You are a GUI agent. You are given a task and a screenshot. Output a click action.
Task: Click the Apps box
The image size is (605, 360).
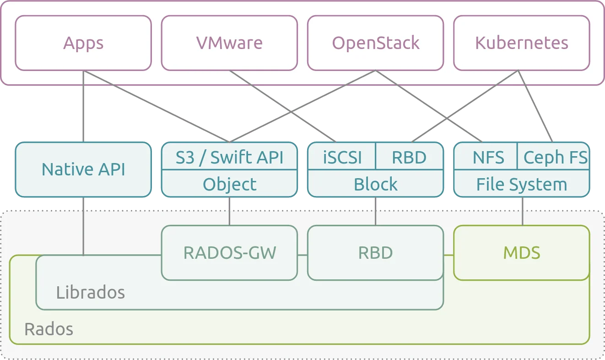tap(83, 43)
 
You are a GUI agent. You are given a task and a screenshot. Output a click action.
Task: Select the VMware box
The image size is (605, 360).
tap(229, 43)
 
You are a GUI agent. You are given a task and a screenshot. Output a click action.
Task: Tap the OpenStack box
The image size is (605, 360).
tap(375, 43)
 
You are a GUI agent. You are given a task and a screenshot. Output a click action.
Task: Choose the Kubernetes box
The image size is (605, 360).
tap(521, 43)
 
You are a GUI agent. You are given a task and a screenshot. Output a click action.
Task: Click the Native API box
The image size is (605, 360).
tap(83, 169)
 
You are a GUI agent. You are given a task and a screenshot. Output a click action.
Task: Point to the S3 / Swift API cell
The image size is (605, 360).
tap(229, 157)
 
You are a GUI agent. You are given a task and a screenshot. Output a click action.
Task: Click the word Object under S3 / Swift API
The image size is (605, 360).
tap(229, 184)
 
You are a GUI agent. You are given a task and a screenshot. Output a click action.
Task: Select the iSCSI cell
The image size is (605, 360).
tap(342, 157)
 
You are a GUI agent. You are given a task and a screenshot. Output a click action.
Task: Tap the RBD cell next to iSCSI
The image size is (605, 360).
tap(409, 157)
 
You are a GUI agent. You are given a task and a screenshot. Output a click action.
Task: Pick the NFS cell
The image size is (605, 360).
tap(488, 157)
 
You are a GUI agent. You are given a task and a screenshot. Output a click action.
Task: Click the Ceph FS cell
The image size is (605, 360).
tap(555, 157)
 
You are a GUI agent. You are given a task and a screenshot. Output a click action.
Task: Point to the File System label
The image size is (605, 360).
tap(521, 184)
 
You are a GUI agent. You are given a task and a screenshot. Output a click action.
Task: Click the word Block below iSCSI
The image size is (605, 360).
tap(375, 184)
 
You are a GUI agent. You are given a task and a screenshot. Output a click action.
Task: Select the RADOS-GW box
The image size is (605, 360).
tap(229, 253)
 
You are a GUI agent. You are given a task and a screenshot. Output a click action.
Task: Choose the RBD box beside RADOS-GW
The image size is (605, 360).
tap(375, 253)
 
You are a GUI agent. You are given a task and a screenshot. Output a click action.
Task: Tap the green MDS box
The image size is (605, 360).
tap(521, 253)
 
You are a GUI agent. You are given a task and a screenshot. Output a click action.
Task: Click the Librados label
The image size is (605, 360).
tap(90, 292)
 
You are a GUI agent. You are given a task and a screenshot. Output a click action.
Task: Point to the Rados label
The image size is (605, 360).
tap(49, 329)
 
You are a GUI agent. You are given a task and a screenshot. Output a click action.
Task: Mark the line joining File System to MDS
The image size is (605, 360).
tap(523, 211)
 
